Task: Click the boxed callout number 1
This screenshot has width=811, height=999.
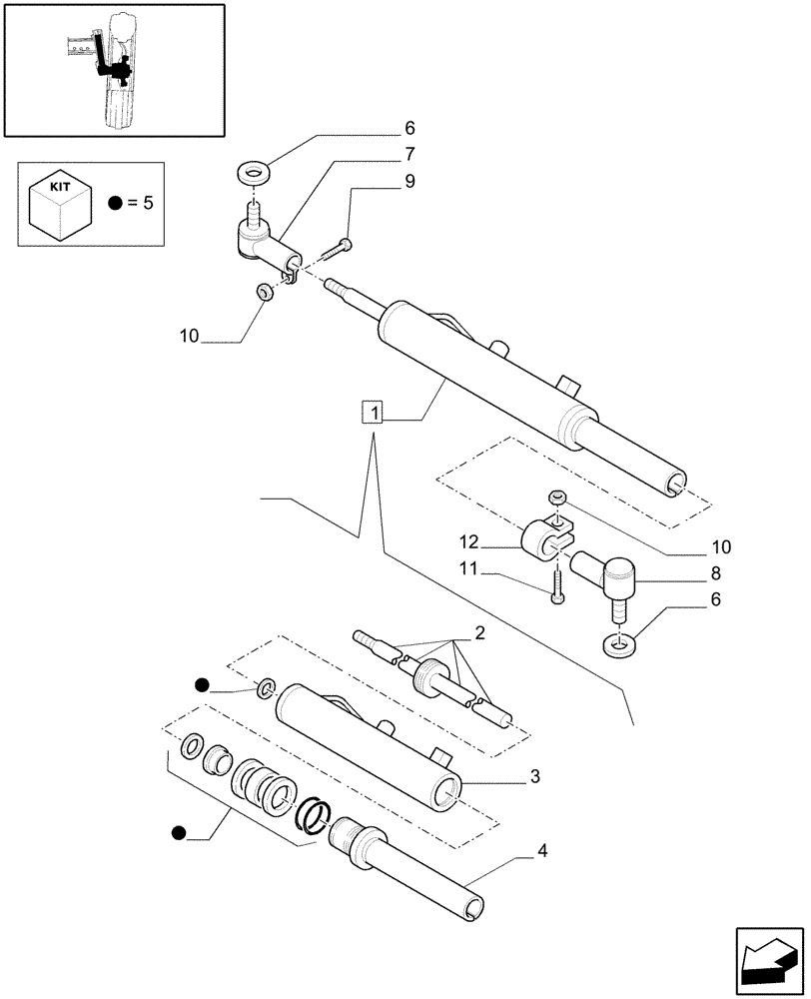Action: [373, 412]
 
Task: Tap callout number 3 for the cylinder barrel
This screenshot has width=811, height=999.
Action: [535, 776]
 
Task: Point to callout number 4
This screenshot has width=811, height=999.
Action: [542, 852]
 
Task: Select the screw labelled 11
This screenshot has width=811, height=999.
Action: [554, 584]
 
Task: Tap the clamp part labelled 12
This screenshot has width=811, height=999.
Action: [545, 539]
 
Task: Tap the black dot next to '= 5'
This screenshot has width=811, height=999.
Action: [116, 203]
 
